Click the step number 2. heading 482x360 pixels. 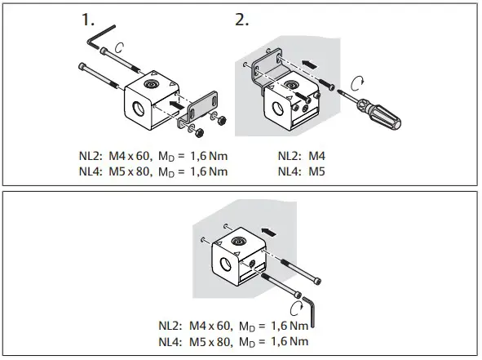click(x=242, y=20)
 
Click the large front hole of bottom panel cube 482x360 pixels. click(x=223, y=266)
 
